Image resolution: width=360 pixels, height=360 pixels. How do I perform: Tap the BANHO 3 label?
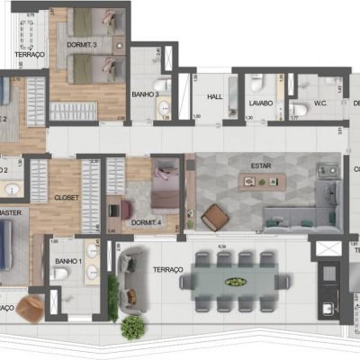(146, 94)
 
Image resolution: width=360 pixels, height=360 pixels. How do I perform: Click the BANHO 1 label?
(67, 262)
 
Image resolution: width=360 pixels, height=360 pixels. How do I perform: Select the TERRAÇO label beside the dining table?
(167, 269)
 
